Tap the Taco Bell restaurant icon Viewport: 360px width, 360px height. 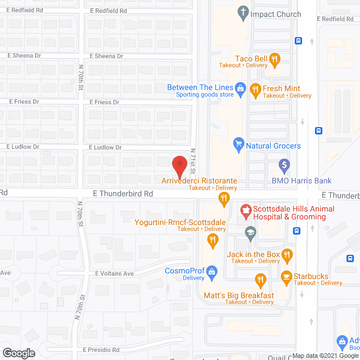pyautogui.click(x=274, y=58)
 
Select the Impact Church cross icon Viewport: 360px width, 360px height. pyautogui.click(x=243, y=11)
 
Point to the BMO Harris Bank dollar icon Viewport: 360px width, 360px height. pyautogui.click(x=285, y=166)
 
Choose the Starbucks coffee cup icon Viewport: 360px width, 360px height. pyautogui.click(x=286, y=276)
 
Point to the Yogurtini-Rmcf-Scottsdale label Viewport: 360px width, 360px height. pyautogui.click(x=180, y=222)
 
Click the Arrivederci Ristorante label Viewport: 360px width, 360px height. pyautogui.click(x=199, y=181)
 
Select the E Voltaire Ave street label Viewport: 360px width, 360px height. pyautogui.click(x=114, y=273)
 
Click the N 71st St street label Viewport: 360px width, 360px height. pyautogui.click(x=193, y=160)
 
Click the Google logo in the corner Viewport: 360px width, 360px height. pyautogui.click(x=18, y=353)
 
